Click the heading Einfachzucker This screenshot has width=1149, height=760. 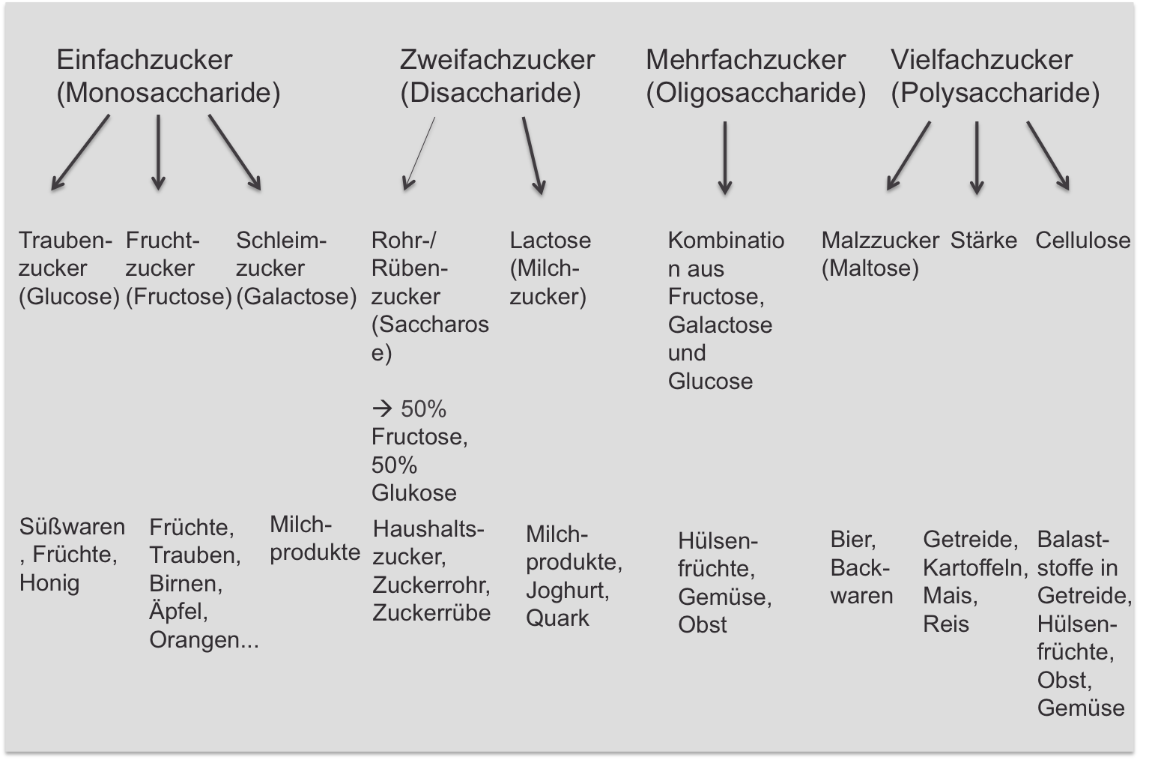point(144,59)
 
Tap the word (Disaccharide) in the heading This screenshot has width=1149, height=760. point(490,93)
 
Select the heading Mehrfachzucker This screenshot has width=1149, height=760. point(745,59)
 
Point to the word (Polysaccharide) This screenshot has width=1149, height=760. point(995,93)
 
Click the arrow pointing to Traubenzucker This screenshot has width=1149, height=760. point(79,152)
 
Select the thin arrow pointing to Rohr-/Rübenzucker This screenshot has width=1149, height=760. point(419,153)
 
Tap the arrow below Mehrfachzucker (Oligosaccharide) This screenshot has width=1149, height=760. point(724,157)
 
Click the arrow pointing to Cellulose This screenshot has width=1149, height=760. point(1048,155)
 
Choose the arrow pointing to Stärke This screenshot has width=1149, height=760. point(976,157)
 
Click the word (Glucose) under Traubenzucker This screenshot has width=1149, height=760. point(69,297)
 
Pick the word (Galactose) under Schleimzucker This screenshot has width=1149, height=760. point(296,297)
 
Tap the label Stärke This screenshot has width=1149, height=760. point(983,241)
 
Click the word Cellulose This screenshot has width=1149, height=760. point(1082,241)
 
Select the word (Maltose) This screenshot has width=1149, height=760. point(870,268)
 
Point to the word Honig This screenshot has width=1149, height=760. point(49,583)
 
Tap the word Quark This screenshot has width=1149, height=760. point(557,618)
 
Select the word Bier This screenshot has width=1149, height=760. point(852,540)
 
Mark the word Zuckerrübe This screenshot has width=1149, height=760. point(431,613)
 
